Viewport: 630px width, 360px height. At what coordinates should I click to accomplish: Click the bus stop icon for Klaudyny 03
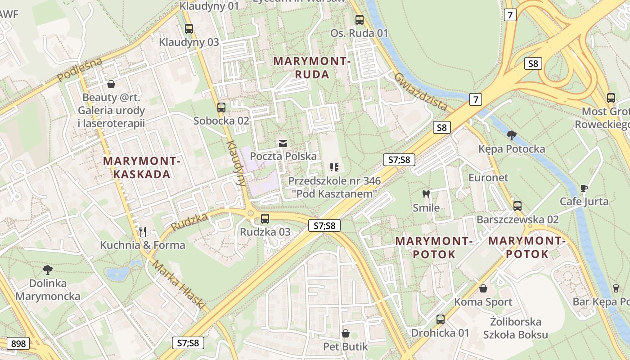click(x=189, y=29)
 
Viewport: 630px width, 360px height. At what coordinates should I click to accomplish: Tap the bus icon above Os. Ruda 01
click(x=359, y=20)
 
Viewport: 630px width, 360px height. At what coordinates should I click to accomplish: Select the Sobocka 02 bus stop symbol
click(x=221, y=108)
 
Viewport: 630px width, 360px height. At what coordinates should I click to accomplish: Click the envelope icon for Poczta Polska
click(x=283, y=143)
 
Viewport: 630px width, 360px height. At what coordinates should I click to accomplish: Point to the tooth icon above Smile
click(x=426, y=194)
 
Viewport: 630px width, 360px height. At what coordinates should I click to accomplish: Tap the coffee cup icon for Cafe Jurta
click(x=584, y=188)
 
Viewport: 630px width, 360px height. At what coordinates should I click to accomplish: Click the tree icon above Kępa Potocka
click(x=511, y=135)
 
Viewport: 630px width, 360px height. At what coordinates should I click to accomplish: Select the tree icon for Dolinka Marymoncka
click(x=48, y=270)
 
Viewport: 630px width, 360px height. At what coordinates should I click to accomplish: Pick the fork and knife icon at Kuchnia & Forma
click(x=143, y=232)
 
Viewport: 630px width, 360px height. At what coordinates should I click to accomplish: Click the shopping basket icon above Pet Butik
click(x=346, y=333)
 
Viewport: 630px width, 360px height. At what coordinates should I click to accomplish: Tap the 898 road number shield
click(x=18, y=344)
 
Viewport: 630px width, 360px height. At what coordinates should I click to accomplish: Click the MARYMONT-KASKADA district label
click(x=142, y=167)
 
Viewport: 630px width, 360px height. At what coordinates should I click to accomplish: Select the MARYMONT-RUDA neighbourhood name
click(x=312, y=67)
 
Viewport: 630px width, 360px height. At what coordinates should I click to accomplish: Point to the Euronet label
click(x=488, y=178)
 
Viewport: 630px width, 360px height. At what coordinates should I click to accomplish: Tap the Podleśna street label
click(x=80, y=70)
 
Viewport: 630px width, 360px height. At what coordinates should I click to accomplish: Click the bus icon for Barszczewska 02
click(x=517, y=206)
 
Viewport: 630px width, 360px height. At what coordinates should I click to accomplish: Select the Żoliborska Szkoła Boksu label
click(x=516, y=328)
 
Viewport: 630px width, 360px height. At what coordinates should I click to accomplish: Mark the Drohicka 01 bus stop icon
click(x=440, y=319)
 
